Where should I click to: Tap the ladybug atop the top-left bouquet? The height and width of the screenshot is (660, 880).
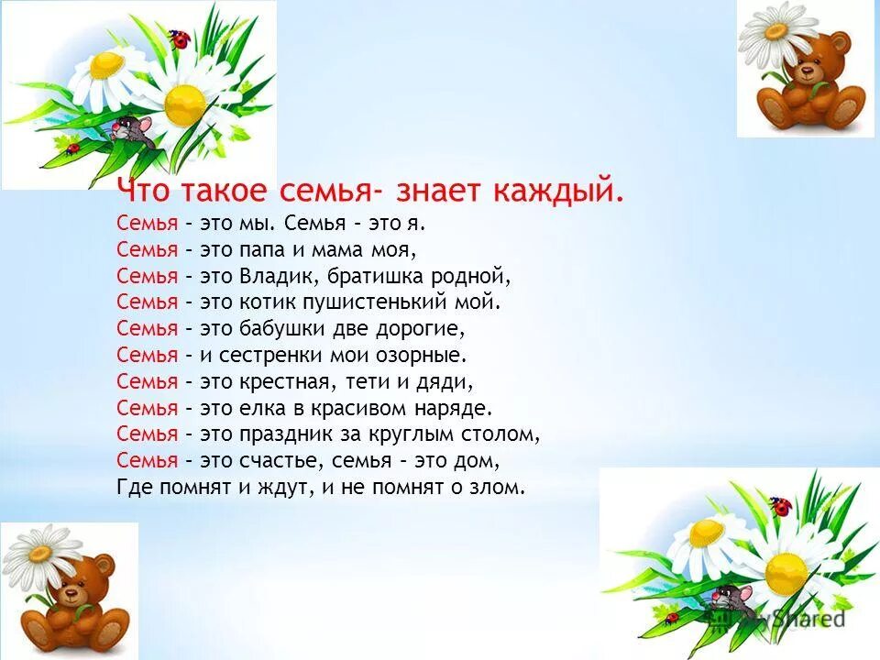tap(181, 39)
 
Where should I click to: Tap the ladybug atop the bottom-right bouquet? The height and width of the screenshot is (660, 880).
tap(780, 505)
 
